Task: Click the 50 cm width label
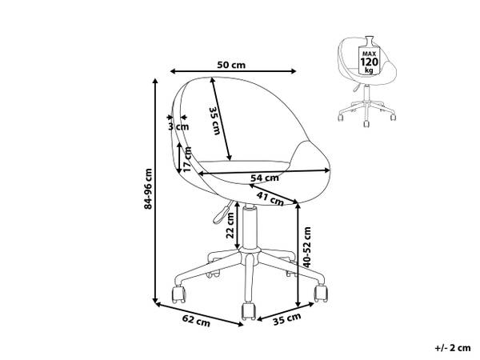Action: click(x=231, y=65)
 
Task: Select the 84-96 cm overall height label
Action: click(x=149, y=189)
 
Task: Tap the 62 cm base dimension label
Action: click(x=196, y=320)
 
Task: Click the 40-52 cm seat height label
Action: click(x=307, y=247)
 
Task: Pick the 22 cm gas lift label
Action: click(x=230, y=226)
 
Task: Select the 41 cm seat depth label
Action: click(x=270, y=198)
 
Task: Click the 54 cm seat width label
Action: click(x=265, y=178)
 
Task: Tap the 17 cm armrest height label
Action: click(x=187, y=159)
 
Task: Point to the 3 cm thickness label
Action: click(x=178, y=126)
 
